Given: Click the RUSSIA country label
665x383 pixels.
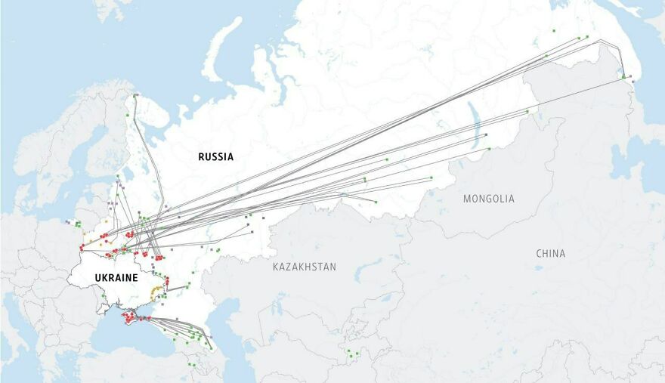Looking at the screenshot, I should (x=215, y=157).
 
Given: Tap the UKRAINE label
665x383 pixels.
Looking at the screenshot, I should (x=116, y=278).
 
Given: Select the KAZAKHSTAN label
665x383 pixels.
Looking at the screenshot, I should (x=305, y=267).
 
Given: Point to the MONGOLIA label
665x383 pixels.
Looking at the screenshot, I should (x=489, y=199).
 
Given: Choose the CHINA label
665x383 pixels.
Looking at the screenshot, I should (x=550, y=253).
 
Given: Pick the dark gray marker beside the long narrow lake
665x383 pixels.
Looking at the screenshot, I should (x=486, y=135).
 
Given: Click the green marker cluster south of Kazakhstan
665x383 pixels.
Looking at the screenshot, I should (x=349, y=353).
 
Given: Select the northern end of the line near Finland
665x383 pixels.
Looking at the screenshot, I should (x=135, y=96).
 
